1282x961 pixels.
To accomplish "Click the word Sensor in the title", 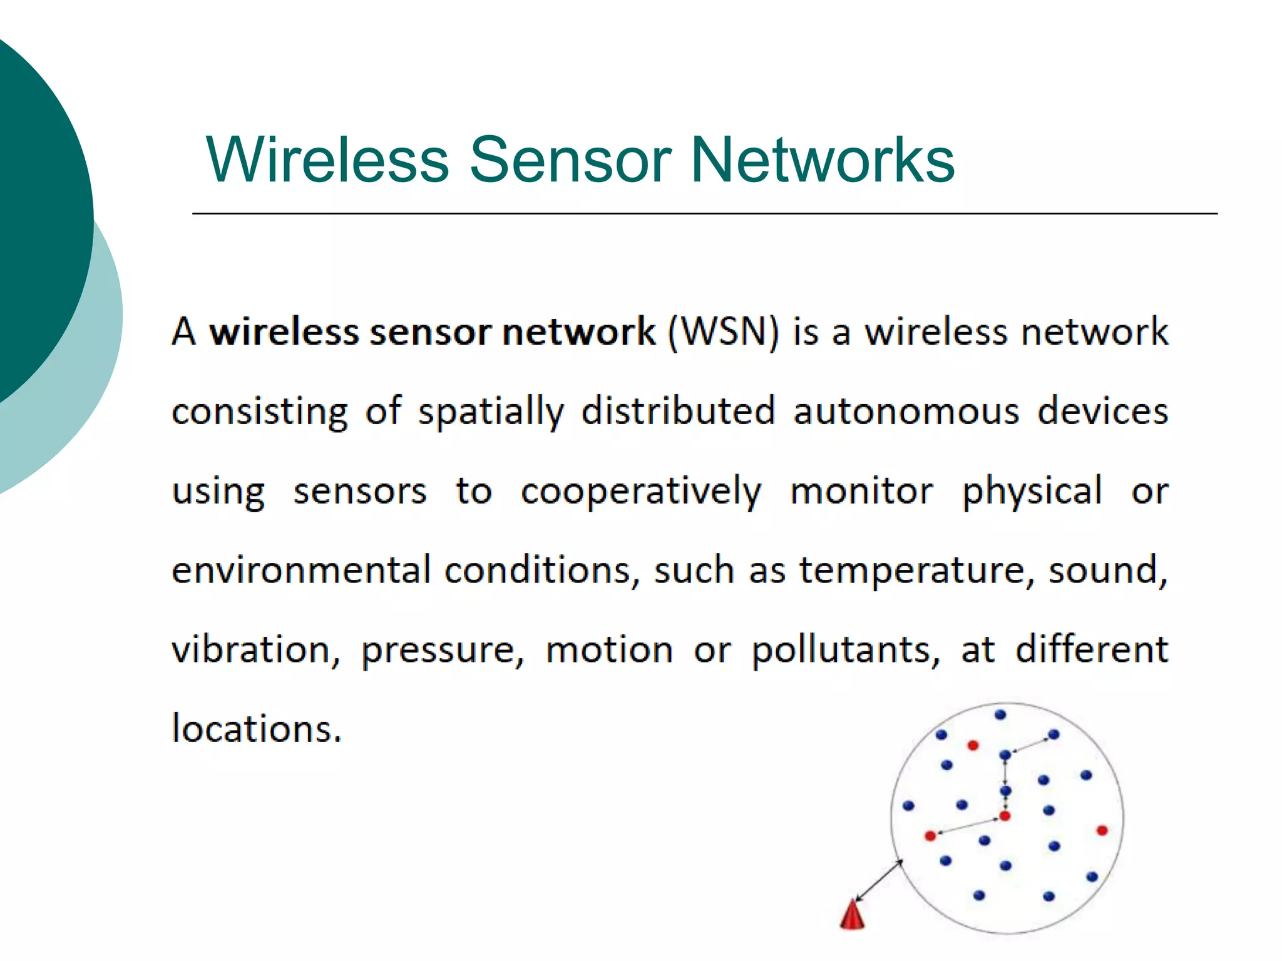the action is point(570,160).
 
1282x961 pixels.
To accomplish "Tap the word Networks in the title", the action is point(822,160).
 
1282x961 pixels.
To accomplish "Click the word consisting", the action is point(259,412).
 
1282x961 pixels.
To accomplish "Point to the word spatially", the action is point(491,412).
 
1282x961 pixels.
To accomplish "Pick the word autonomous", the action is point(906,412).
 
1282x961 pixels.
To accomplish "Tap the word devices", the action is point(1103,412).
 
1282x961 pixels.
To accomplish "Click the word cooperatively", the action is point(641,492).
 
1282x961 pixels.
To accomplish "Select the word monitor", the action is point(861,492).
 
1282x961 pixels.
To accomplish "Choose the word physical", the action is point(1032,492).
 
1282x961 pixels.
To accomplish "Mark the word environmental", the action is point(301,571).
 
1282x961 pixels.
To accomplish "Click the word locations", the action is point(257,729).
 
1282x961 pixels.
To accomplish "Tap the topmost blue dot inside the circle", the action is point(1000,714).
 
